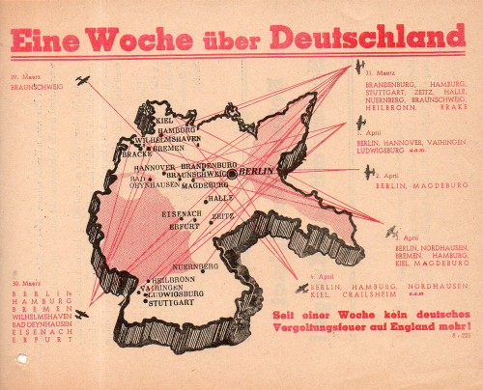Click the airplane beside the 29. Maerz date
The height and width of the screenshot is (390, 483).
[82, 79]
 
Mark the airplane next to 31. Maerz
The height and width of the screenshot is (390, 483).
[358, 67]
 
